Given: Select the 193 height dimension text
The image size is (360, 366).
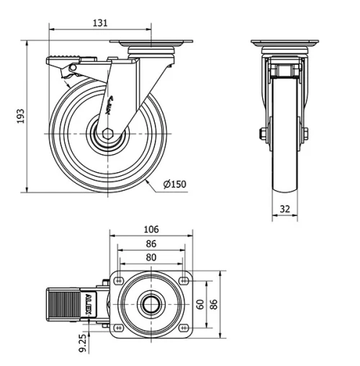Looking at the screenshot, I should (21, 116).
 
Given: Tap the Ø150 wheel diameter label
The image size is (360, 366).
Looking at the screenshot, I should (174, 184).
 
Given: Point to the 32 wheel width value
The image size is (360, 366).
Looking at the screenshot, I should (284, 210).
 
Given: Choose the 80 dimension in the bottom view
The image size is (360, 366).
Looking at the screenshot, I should (150, 256).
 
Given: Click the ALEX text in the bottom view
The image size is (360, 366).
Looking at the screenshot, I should (89, 303).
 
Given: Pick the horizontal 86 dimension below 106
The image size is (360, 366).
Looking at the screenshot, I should (150, 243).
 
